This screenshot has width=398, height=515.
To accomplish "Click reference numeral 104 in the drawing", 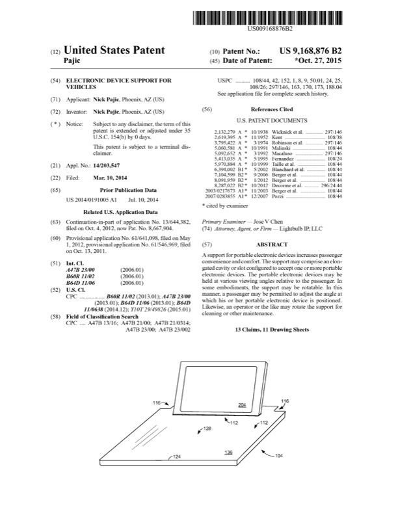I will [x=279, y=456].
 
